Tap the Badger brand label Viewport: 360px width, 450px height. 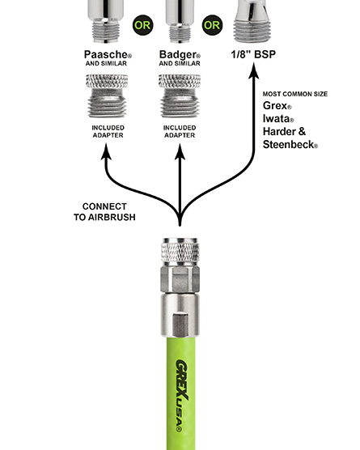tap(180, 54)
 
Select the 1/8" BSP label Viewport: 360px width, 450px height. tap(253, 54)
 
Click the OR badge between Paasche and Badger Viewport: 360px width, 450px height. tap(142, 25)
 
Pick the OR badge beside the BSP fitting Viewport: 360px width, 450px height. tap(212, 25)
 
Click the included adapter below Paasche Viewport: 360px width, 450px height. tap(107, 96)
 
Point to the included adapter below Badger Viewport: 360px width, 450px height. tap(180, 96)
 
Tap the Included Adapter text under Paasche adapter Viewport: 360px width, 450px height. tap(108, 131)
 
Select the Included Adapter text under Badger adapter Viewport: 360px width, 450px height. tap(180, 131)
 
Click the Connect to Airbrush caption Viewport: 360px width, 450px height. tap(104, 212)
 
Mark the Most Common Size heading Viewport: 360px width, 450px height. tap(295, 94)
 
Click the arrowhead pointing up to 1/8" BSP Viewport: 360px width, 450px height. tap(253, 70)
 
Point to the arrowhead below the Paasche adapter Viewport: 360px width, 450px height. tap(106, 151)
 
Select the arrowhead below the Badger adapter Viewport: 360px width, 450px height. tap(180, 151)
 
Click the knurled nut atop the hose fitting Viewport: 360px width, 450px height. tap(180, 249)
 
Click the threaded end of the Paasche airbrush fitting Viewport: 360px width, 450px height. tap(106, 32)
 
